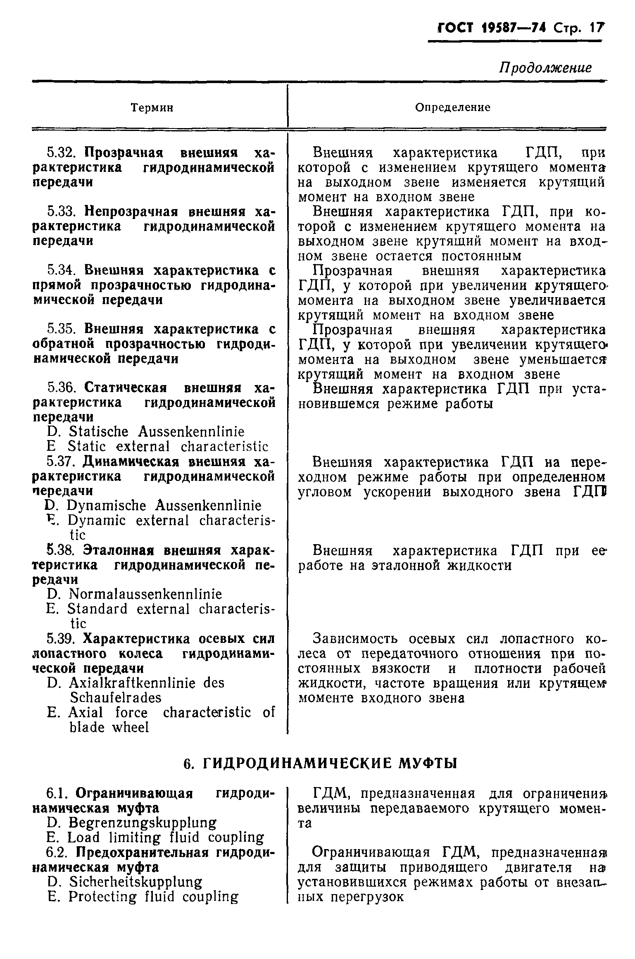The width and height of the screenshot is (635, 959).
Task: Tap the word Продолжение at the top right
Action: tap(546, 68)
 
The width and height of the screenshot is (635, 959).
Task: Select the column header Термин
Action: tap(152, 108)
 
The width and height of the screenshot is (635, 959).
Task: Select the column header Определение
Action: tap(453, 107)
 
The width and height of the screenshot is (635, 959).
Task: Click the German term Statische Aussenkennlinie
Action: tap(157, 432)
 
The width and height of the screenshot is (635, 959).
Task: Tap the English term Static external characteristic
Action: tap(168, 447)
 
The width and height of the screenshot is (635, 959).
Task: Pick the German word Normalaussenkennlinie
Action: tap(145, 594)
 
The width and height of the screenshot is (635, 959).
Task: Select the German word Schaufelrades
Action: tap(116, 698)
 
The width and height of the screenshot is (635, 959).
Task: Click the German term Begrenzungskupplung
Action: tap(142, 823)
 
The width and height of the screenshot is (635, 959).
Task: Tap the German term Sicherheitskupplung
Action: tap(136, 882)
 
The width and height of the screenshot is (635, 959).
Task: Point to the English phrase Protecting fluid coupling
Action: tap(153, 897)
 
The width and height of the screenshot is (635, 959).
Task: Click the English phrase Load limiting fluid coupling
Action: tap(166, 838)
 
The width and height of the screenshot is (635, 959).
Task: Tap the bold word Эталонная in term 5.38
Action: tap(118, 550)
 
